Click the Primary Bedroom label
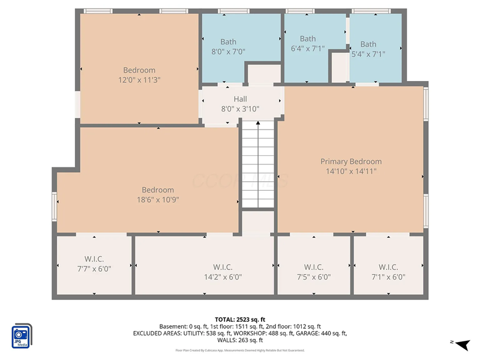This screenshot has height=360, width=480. point(351,161)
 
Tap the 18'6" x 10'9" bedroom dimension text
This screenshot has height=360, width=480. point(158,200)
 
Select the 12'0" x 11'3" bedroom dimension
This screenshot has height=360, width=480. point(139,80)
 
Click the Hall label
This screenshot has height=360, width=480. point(240,99)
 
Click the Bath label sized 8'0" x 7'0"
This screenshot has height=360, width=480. point(228,42)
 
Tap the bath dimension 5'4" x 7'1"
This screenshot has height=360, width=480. point(368,54)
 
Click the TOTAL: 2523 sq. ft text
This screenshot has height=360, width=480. point(240,319)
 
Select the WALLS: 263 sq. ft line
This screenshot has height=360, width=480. point(240,340)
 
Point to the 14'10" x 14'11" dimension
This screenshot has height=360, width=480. point(351,171)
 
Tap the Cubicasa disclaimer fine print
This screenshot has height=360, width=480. point(240,350)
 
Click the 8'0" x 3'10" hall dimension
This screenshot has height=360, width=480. point(240,109)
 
